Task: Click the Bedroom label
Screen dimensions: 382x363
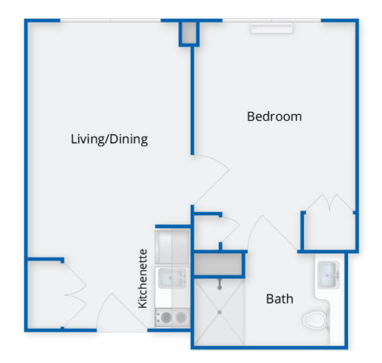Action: click(x=274, y=116)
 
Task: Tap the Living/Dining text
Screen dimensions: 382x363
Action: click(x=109, y=139)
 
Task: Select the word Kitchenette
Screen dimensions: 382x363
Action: click(x=142, y=278)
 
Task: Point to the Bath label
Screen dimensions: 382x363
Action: click(x=280, y=299)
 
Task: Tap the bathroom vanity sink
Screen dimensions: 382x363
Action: click(x=328, y=275)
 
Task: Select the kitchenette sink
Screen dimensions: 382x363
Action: click(x=172, y=278)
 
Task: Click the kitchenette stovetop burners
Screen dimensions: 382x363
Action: click(x=173, y=318)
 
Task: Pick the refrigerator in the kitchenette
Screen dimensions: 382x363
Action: click(x=172, y=247)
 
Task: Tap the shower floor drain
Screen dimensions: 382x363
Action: click(x=220, y=312)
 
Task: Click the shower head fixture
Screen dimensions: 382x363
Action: click(x=220, y=284)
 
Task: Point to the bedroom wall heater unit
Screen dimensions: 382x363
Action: click(x=271, y=28)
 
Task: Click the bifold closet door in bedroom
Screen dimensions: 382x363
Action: click(x=330, y=203)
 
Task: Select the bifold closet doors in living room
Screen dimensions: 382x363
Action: click(x=75, y=295)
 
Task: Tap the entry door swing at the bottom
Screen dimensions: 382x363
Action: click(x=122, y=312)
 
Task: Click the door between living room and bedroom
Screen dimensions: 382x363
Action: click(x=211, y=179)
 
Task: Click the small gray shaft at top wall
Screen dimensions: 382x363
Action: click(x=189, y=33)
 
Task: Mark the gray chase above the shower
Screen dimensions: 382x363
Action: click(x=218, y=264)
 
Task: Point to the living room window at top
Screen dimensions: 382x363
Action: click(x=111, y=20)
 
